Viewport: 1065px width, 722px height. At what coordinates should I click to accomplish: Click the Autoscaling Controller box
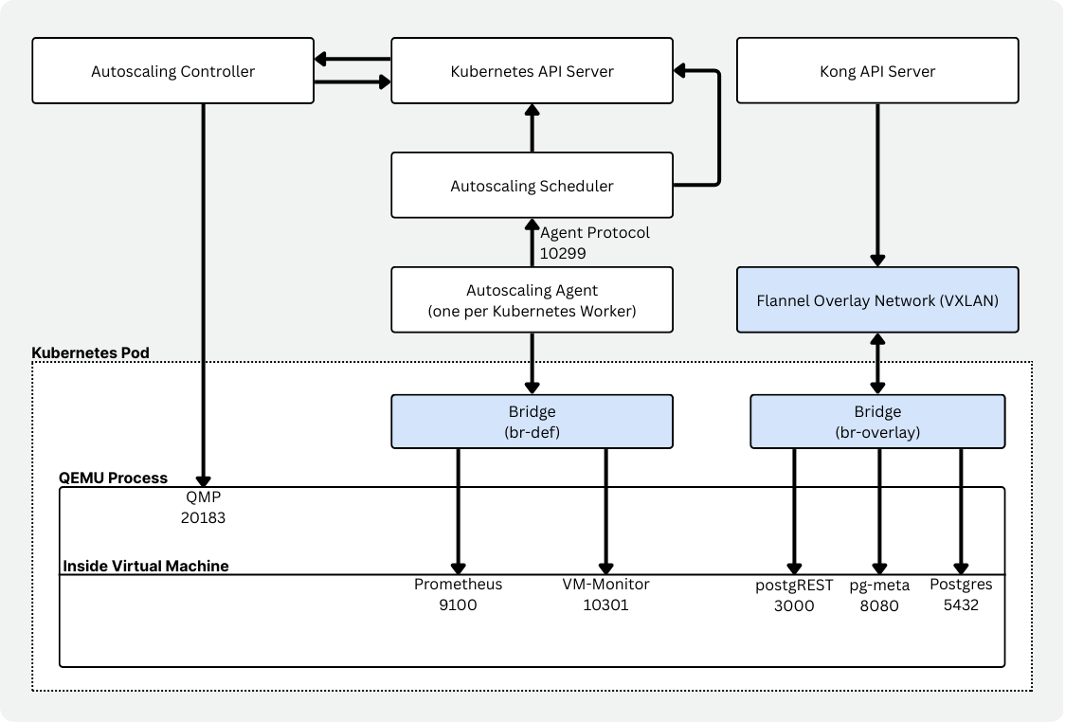coord(172,71)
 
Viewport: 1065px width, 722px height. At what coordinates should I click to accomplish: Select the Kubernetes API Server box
coord(532,71)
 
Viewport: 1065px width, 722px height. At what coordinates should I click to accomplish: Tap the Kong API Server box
coord(877,71)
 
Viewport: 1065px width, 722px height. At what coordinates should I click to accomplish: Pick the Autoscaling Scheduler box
coord(532,186)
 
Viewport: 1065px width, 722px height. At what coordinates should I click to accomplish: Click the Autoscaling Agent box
coord(532,299)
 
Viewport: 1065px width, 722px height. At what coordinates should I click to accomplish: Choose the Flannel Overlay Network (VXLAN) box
coord(877,300)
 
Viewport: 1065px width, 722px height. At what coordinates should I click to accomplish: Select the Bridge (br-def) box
coord(532,422)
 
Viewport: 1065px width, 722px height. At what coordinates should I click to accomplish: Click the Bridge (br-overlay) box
coord(877,422)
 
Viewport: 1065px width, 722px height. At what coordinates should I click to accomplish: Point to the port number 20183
coord(203,517)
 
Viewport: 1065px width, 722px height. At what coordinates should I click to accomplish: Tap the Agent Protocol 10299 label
coord(594,243)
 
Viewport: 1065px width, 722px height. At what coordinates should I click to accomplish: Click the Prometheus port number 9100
coord(458,605)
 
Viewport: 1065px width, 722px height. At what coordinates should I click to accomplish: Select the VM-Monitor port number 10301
coord(606,605)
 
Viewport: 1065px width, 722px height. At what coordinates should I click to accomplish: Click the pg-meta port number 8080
coord(878,606)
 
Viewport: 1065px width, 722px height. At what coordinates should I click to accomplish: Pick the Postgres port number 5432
coord(960,604)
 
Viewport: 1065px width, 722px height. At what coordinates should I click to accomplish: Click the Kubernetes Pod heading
coord(91,352)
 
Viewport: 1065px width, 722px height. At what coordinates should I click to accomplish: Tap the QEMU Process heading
coord(113,478)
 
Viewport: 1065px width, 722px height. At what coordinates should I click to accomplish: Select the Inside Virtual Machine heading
coord(145,566)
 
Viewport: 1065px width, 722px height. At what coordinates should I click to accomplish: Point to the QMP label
coord(203,498)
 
